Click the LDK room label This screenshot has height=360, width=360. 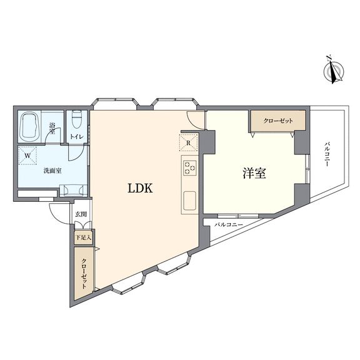click(x=140, y=188)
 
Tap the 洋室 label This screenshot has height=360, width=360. click(x=254, y=173)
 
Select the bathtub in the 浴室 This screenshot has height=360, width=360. click(x=29, y=127)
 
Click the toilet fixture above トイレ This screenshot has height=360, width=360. click(x=77, y=119)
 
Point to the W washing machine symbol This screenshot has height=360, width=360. click(x=27, y=156)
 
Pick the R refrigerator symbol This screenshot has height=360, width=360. click(x=188, y=142)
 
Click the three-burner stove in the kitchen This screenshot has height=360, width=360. click(x=190, y=167)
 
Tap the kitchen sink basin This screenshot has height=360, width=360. click(x=189, y=201)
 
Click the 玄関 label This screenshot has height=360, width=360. click(x=81, y=214)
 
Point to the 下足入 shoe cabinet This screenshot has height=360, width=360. click(x=83, y=237)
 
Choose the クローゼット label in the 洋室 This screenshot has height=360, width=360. click(x=278, y=121)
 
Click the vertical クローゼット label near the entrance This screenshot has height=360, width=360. click(x=84, y=274)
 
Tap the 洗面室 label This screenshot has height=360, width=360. click(x=52, y=171)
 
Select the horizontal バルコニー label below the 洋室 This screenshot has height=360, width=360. click(x=229, y=224)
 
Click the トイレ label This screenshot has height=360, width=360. click(x=77, y=137)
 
